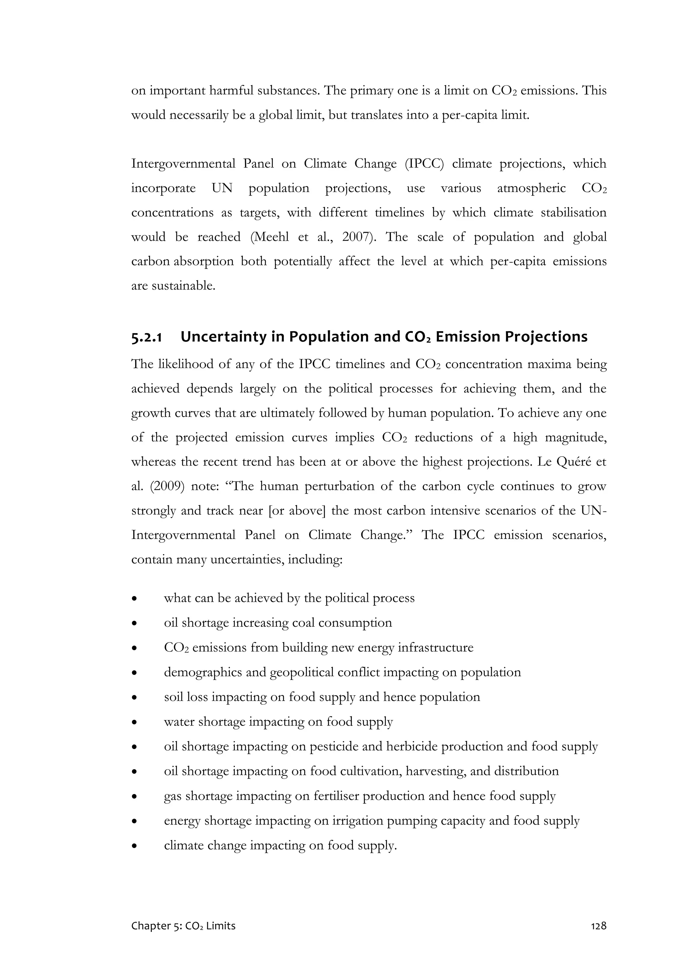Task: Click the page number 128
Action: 599,937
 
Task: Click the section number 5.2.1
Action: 146,337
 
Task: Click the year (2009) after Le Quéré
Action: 167,486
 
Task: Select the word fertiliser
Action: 336,796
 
